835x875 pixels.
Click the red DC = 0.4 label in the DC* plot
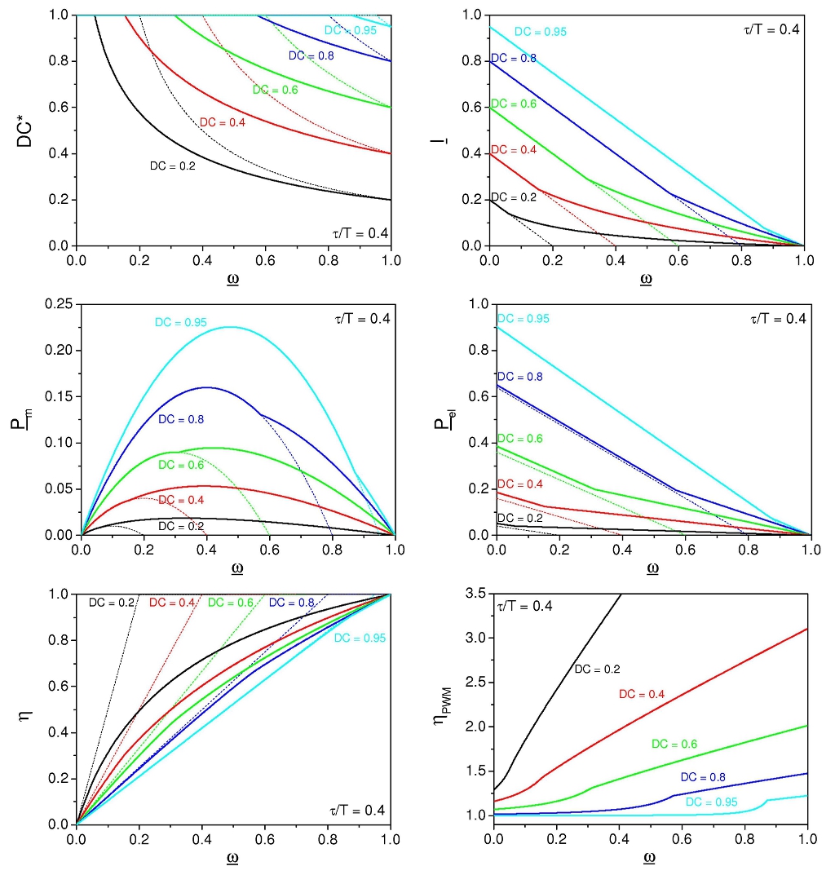[x=223, y=122]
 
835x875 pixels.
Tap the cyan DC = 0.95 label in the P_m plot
[x=181, y=323]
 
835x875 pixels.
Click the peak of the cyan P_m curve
[x=230, y=327]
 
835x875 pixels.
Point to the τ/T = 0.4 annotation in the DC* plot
[x=355, y=234]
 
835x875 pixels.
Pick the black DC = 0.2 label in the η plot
[x=111, y=603]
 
